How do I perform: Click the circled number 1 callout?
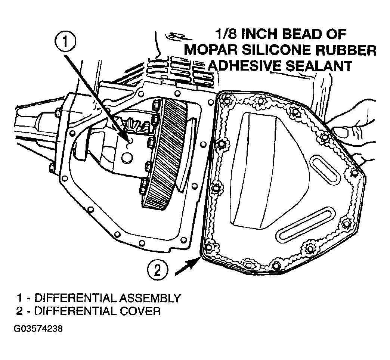coord(65,41)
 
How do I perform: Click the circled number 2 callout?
coord(157,270)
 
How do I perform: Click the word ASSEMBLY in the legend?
coord(150,298)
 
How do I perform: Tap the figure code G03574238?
coord(38,329)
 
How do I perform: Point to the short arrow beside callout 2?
coord(188,266)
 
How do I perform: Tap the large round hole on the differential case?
coord(127,158)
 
